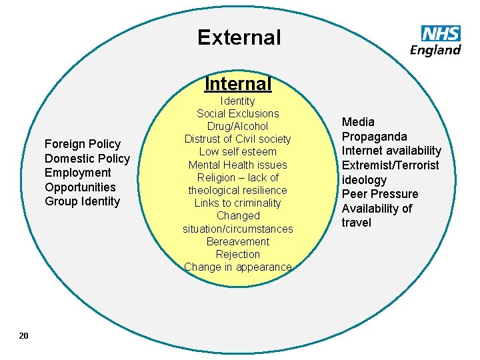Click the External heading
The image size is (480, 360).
(239, 37)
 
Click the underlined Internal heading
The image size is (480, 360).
(238, 84)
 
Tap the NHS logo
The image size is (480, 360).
(441, 33)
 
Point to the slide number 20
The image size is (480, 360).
(23, 335)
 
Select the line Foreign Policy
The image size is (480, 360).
(83, 144)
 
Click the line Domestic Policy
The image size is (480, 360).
(87, 159)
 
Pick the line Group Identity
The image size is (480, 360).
(83, 201)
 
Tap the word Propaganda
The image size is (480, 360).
(375, 137)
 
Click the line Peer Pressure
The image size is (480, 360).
(380, 194)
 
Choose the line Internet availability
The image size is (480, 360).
(391, 151)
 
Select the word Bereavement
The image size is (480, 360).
(238, 241)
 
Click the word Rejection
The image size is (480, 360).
(238, 254)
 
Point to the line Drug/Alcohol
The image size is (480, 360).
(238, 126)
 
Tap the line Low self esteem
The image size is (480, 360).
(238, 152)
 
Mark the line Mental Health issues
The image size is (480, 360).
(238, 165)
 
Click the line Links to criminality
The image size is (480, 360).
(238, 203)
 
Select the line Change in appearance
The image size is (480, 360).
(238, 267)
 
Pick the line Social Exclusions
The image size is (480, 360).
(238, 113)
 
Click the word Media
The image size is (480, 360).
(359, 122)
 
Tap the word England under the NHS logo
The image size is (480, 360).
(435, 50)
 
